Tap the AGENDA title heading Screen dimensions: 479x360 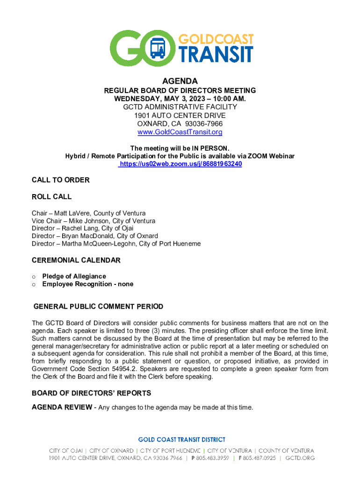(180, 81)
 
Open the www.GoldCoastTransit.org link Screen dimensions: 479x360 (180, 132)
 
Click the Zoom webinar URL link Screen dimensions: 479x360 (180, 164)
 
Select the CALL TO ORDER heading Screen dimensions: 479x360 (61, 180)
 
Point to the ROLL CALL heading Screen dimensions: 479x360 (51, 197)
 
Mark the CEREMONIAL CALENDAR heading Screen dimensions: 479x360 (76, 260)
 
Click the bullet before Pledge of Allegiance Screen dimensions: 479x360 (34, 276)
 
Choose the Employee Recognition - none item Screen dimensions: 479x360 (87, 284)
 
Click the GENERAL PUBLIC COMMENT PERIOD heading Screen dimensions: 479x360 (98, 307)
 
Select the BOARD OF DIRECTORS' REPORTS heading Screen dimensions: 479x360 (91, 393)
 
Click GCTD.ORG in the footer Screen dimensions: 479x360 (300, 458)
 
